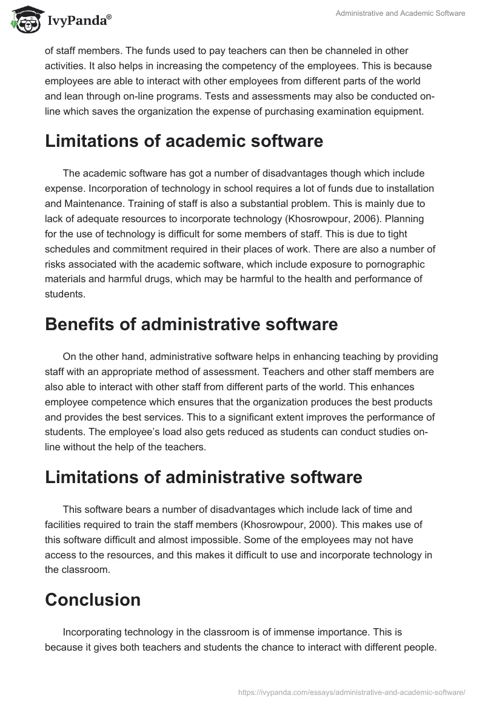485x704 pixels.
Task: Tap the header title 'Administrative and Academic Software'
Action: pos(401,13)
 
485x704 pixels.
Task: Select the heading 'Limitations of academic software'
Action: pos(175,141)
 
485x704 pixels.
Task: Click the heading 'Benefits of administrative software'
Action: pos(191,324)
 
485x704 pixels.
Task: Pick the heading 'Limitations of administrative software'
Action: pos(203,477)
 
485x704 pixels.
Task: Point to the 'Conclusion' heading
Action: pos(93,600)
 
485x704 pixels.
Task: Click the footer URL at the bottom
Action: pos(352,691)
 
